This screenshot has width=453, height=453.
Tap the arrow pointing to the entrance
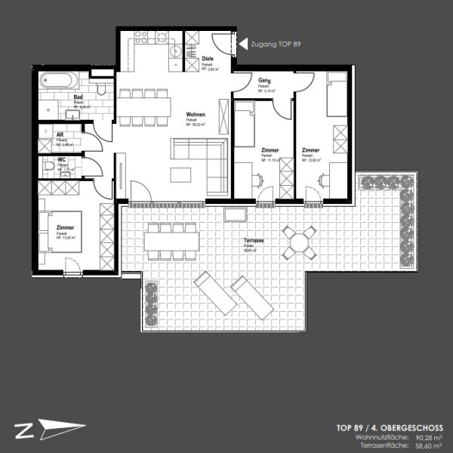(242, 45)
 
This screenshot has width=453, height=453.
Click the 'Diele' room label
(208, 58)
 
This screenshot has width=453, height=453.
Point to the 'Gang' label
(263, 80)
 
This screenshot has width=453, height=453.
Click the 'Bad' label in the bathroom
(78, 97)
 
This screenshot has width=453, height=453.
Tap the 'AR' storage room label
(60, 135)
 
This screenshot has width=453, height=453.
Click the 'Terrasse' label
(254, 241)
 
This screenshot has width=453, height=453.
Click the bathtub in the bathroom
(57, 79)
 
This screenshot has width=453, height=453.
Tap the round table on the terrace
(300, 243)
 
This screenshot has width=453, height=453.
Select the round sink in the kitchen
(175, 51)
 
